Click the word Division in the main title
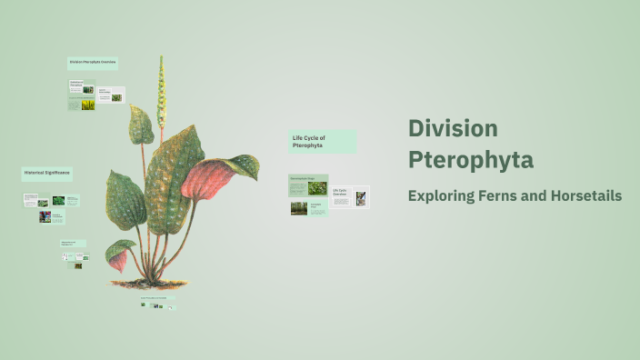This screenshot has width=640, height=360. (453, 128)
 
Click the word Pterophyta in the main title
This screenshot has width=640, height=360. (470, 161)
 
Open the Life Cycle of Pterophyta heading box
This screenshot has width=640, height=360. (322, 141)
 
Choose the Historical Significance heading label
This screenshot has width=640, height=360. (46, 173)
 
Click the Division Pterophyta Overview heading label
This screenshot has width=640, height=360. (93, 63)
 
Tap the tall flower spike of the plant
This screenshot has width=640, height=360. (161, 91)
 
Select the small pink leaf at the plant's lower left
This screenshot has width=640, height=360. (117, 262)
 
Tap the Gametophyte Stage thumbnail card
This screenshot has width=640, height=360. (308, 185)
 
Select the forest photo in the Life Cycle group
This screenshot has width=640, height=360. (298, 208)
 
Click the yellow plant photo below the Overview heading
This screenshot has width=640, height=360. (87, 105)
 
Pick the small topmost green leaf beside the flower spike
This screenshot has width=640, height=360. (141, 125)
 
